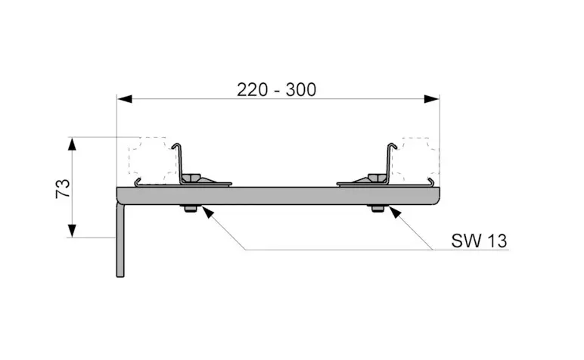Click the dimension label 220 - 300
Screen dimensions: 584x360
pyautogui.click(x=276, y=90)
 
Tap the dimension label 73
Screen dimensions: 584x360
pyautogui.click(x=63, y=188)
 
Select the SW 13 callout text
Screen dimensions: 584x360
pyautogui.click(x=479, y=241)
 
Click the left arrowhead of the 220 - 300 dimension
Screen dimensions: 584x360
pyautogui.click(x=124, y=99)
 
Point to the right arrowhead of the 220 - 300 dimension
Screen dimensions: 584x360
pyautogui.click(x=432, y=99)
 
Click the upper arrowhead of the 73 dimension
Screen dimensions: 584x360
pyautogui.click(x=72, y=144)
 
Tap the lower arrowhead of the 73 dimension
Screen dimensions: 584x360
pyautogui.click(x=72, y=231)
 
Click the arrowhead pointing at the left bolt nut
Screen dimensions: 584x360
pyautogui.click(x=207, y=213)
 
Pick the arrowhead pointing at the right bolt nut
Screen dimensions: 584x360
pyautogui.click(x=395, y=213)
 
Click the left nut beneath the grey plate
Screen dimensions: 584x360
pyautogui.click(x=191, y=208)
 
